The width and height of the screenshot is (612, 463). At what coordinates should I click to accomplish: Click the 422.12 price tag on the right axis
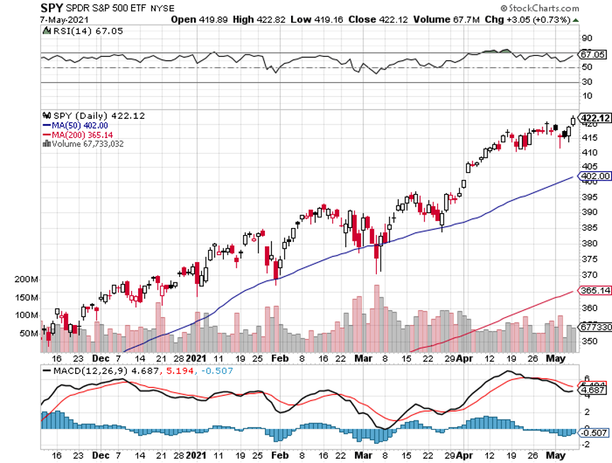(x=595, y=118)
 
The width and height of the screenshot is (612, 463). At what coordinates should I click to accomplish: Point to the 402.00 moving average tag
(x=595, y=176)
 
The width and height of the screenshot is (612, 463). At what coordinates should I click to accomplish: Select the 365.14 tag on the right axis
(x=595, y=290)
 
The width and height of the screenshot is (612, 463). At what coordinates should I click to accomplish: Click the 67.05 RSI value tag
(x=594, y=54)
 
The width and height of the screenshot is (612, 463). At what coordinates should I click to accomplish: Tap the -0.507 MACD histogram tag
(x=595, y=433)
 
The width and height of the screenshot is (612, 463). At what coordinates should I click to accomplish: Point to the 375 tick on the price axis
(x=587, y=258)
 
